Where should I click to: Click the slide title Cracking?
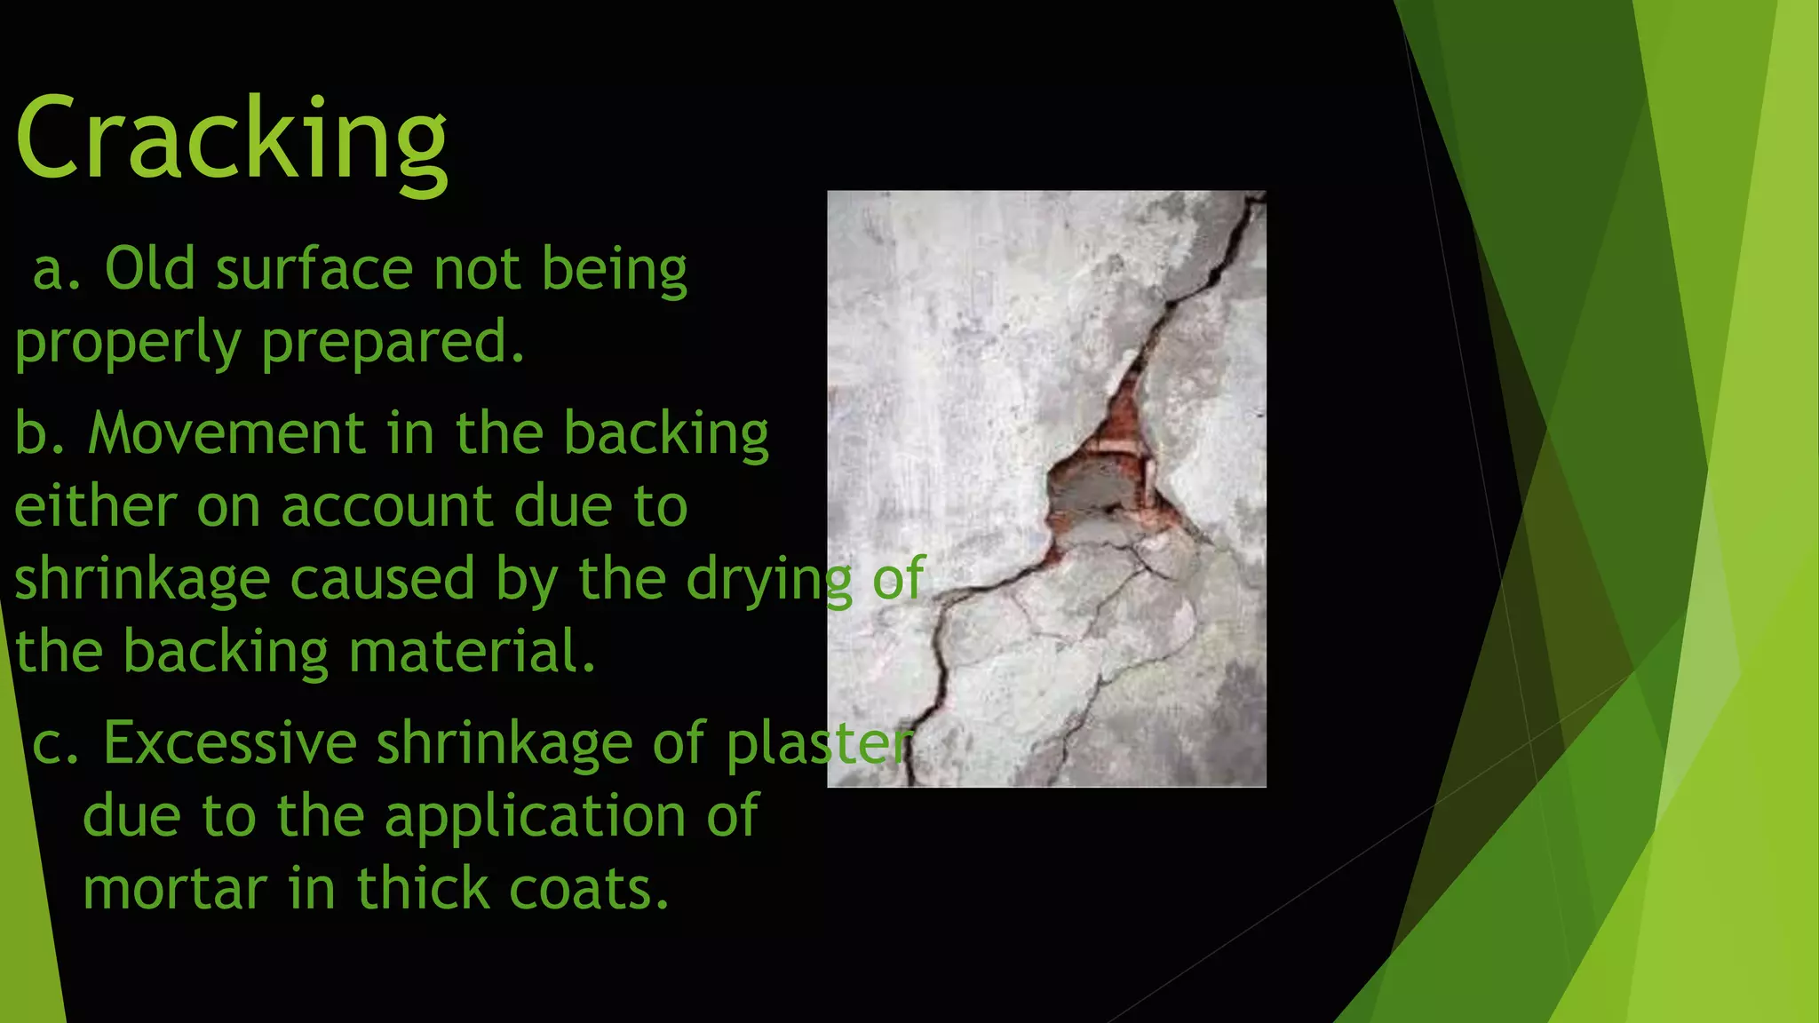(x=231, y=140)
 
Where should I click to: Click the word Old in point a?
(x=149, y=268)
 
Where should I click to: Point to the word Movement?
(x=226, y=433)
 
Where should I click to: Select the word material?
(x=472, y=652)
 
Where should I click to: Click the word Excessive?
(x=229, y=742)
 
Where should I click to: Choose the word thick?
(x=421, y=888)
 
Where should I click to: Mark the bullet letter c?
(x=53, y=744)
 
